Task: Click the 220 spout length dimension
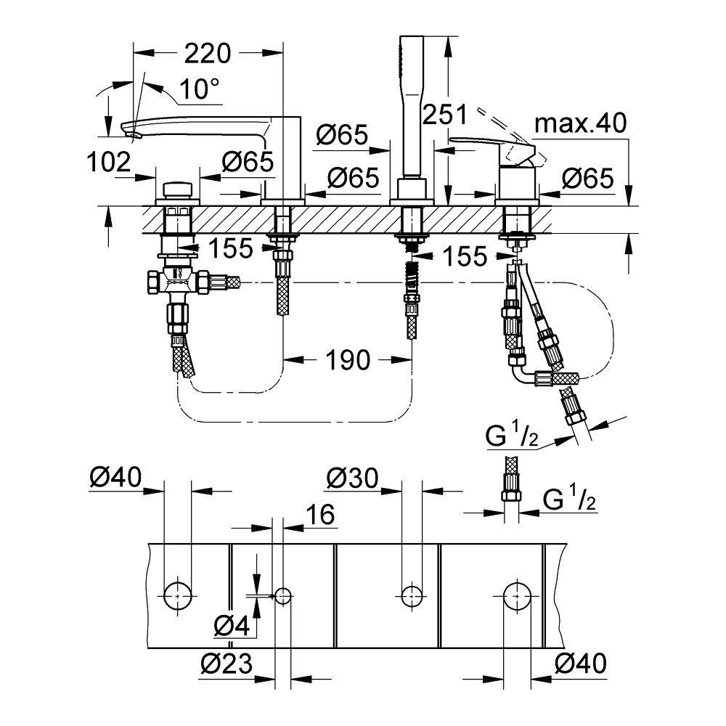coord(208,53)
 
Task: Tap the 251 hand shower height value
coord(444,114)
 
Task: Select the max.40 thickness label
coord(579,124)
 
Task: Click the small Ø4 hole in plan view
coord(283,596)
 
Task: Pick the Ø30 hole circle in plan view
coord(412,596)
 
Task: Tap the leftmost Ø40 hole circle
coord(178,596)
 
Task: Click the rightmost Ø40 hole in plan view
coord(517,596)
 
